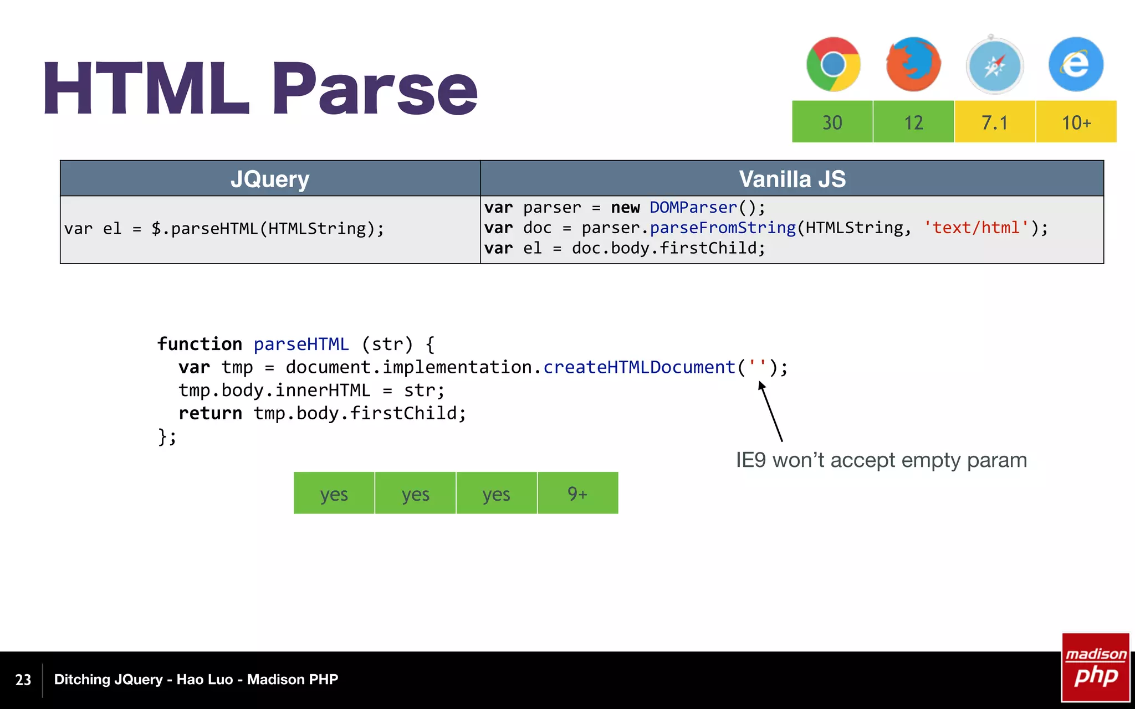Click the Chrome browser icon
click(x=833, y=64)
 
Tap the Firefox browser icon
click(x=913, y=64)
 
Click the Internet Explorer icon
click(x=1076, y=64)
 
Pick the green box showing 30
click(x=832, y=122)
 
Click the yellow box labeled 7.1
click(x=995, y=122)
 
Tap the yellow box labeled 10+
click(x=1076, y=122)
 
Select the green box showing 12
click(x=913, y=122)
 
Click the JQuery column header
click(x=270, y=179)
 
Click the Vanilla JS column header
click(x=792, y=179)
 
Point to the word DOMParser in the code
click(x=693, y=207)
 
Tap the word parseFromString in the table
click(x=723, y=228)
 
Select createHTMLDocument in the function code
click(x=639, y=367)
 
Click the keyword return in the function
click(x=210, y=413)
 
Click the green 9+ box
click(x=577, y=493)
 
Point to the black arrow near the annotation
click(x=770, y=412)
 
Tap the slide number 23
click(x=23, y=680)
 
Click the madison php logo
click(x=1095, y=667)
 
